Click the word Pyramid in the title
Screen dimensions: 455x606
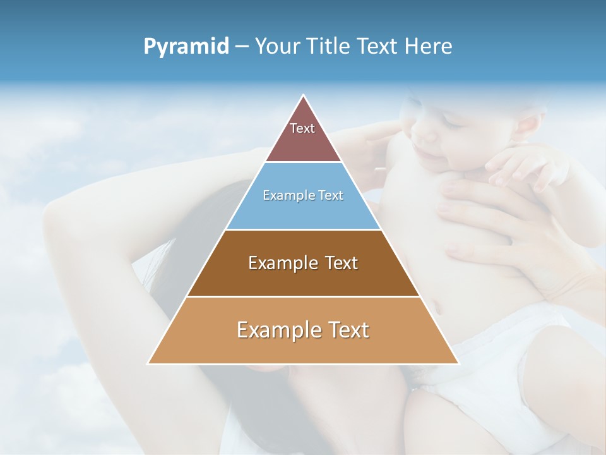click(186, 47)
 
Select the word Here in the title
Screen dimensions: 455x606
click(429, 47)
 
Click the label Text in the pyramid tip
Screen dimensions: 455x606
click(302, 128)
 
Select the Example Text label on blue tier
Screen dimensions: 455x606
click(303, 195)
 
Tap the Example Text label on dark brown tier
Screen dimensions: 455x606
click(303, 263)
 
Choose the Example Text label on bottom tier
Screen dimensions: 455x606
click(303, 330)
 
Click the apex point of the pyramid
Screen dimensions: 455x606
click(304, 95)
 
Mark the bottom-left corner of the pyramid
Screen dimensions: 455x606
click(148, 363)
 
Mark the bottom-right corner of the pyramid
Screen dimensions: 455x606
click(458, 363)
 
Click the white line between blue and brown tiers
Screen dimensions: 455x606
click(303, 229)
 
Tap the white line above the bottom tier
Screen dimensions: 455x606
click(303, 296)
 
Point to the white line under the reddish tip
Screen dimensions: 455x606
click(303, 162)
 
